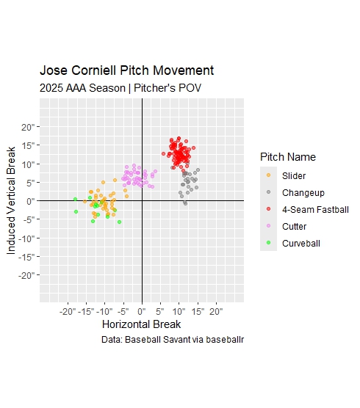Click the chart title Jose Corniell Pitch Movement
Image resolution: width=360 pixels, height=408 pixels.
pos(126,71)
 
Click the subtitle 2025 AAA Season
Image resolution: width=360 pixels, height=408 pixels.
pos(120,88)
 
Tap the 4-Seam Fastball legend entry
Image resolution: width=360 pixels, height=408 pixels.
pos(310,210)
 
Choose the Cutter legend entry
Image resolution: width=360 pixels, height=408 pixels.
pos(294,227)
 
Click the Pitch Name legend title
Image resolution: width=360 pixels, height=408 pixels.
pos(288,157)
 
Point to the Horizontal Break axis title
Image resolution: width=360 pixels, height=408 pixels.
pos(142,324)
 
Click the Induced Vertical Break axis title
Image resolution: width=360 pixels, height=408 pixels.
pos(12,200)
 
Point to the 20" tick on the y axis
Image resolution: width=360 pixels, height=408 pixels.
pos(28,127)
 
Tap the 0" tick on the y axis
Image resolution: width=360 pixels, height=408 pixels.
pos(30,201)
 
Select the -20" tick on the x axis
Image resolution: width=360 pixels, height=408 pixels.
pos(68,311)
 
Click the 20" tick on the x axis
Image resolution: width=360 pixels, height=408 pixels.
pos(216,311)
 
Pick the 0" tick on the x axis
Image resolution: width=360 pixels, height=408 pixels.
pos(142,311)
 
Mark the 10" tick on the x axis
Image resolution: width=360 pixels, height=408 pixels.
pos(179,311)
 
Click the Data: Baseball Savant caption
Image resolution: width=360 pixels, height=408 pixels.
pos(173,340)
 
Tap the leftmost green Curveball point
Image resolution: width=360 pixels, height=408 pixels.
pos(75,200)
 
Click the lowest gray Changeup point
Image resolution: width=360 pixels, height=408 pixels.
pos(185,203)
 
